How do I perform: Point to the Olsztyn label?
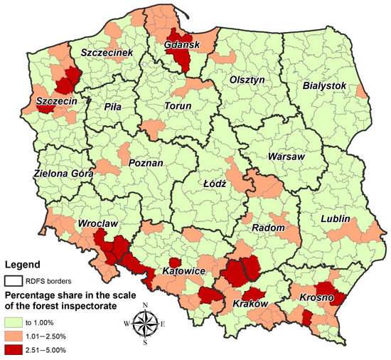tap(246, 80)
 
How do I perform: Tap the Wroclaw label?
tap(100, 223)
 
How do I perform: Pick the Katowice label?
tap(183, 272)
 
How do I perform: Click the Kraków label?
tap(250, 304)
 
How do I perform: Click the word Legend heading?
tap(25, 264)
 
